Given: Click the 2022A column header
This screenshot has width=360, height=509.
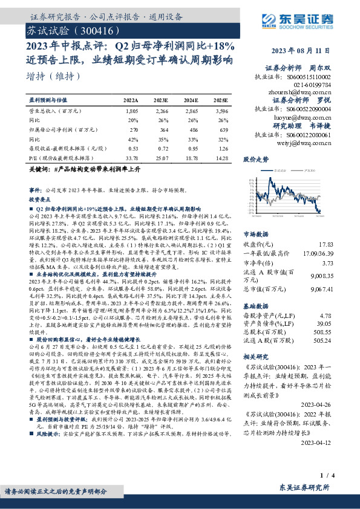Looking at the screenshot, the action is (x=131, y=100).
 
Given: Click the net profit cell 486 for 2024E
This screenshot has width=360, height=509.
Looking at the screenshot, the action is (x=191, y=129).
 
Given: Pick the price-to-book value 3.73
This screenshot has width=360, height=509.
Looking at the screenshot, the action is (x=344, y=263).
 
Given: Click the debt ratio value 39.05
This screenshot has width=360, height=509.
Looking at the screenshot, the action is (x=343, y=323).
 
